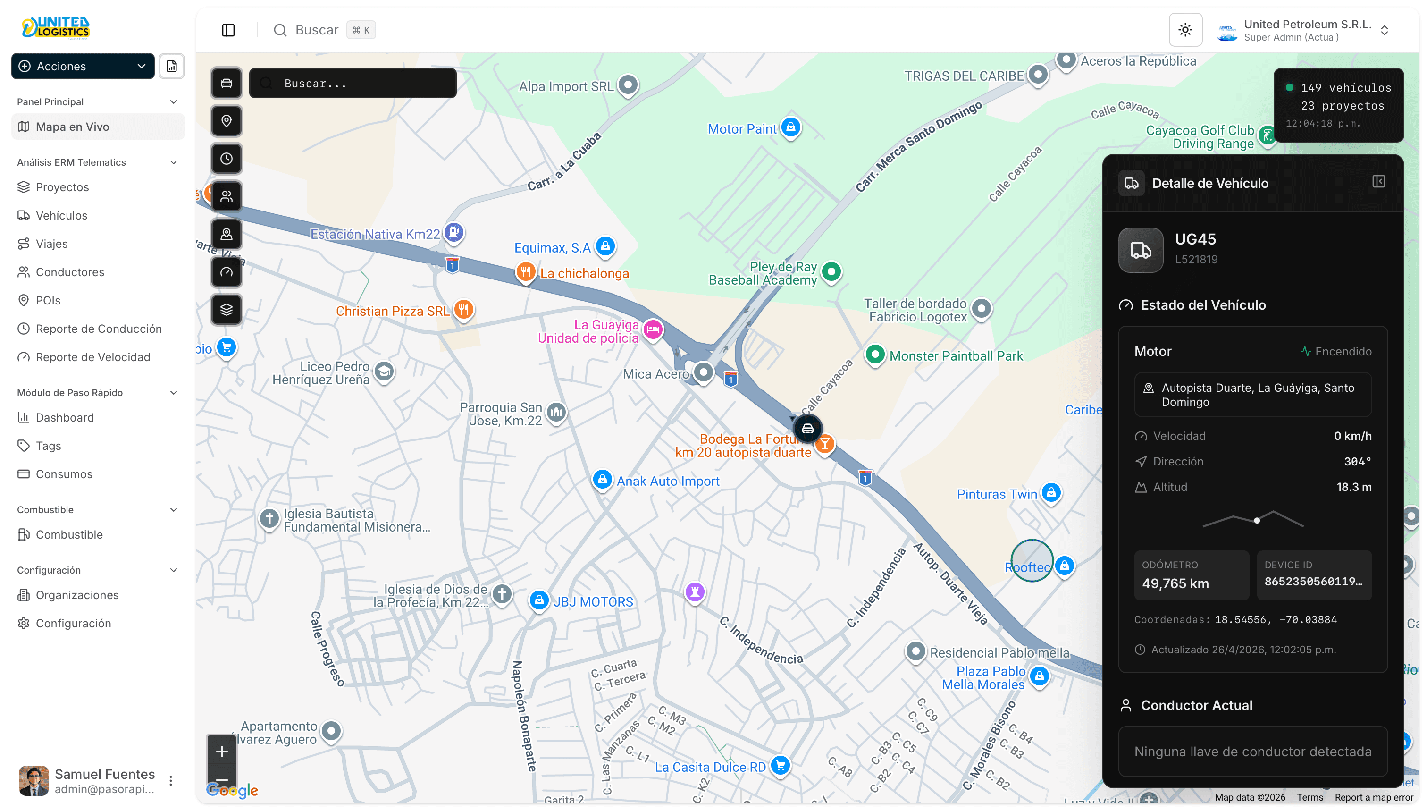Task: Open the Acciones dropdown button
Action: [83, 66]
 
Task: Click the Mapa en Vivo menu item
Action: [72, 127]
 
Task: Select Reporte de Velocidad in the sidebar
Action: [92, 357]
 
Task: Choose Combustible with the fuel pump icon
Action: [69, 535]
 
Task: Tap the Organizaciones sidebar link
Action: [77, 595]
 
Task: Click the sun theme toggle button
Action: [1185, 30]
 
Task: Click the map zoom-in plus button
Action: [222, 752]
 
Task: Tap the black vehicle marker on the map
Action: [807, 428]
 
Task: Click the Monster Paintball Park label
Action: [956, 356]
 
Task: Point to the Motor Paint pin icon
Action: [790, 127]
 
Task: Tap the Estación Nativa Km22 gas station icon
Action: [454, 231]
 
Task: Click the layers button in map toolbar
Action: [226, 310]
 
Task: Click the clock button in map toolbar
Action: [226, 159]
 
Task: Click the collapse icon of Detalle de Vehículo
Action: [1378, 182]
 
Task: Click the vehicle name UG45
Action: [1195, 239]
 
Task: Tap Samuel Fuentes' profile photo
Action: [34, 780]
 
